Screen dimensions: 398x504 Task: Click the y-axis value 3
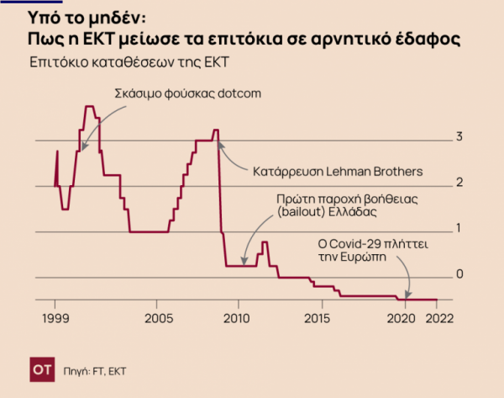pyautogui.click(x=459, y=136)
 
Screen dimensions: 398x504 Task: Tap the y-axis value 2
pyautogui.click(x=459, y=182)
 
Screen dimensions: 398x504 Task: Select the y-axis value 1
pyautogui.click(x=459, y=227)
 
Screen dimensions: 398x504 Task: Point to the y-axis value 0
pyautogui.click(x=459, y=273)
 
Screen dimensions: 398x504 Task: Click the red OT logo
pyautogui.click(x=42, y=369)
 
